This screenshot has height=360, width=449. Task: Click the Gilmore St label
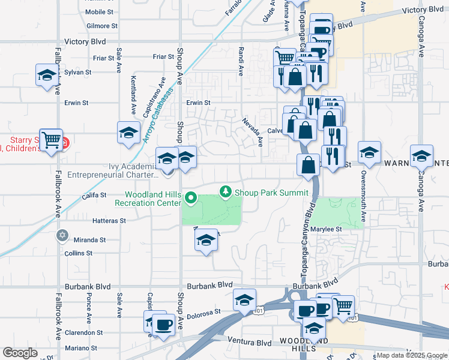(x=101, y=26)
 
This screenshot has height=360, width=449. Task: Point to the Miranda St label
(x=90, y=240)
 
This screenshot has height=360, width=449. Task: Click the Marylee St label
(x=329, y=229)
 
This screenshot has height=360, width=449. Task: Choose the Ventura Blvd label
(x=250, y=343)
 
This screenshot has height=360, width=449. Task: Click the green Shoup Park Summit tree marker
(x=226, y=192)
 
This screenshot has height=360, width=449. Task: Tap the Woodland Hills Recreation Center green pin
(x=191, y=197)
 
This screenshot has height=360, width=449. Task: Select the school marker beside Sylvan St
(x=46, y=75)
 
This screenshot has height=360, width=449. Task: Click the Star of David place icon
(x=61, y=235)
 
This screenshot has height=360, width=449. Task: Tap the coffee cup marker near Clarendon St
(x=163, y=325)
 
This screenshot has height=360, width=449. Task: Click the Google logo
(x=20, y=353)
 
